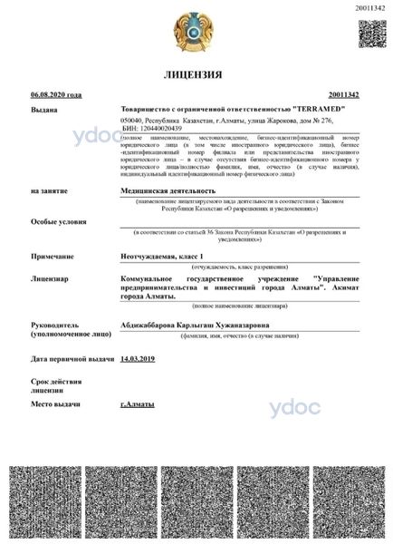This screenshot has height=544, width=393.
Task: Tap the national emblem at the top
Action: (196, 29)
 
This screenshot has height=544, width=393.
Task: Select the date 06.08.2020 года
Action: (56, 94)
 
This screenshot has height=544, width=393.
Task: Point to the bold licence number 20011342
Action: (344, 94)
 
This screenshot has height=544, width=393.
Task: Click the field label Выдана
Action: (43, 109)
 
